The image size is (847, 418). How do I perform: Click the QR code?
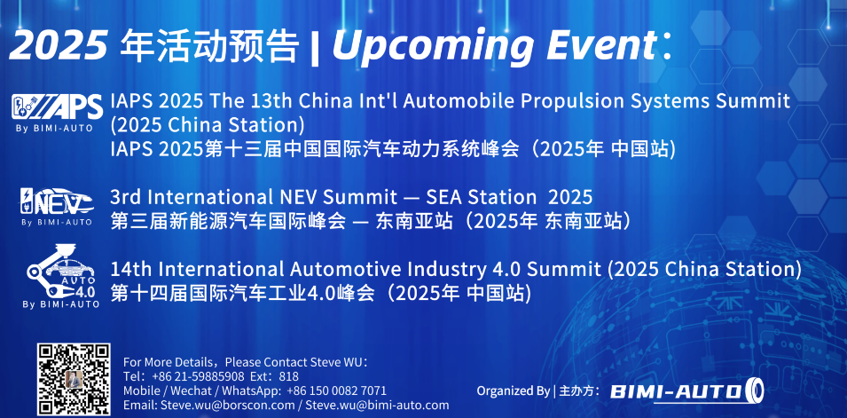click(x=74, y=380)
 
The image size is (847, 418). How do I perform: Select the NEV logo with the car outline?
click(x=57, y=206)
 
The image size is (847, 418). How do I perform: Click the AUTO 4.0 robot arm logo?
click(x=61, y=276)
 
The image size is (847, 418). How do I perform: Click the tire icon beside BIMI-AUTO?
click(x=754, y=390)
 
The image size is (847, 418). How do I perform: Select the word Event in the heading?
click(x=601, y=45)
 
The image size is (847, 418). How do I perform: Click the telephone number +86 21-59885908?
click(x=199, y=376)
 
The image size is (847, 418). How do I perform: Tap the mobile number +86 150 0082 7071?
click(x=336, y=390)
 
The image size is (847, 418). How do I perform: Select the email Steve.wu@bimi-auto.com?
click(x=377, y=405)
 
